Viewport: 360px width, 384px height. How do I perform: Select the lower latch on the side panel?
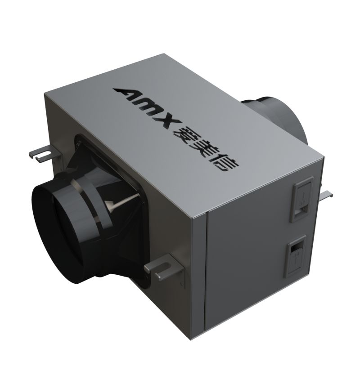[296, 256]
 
